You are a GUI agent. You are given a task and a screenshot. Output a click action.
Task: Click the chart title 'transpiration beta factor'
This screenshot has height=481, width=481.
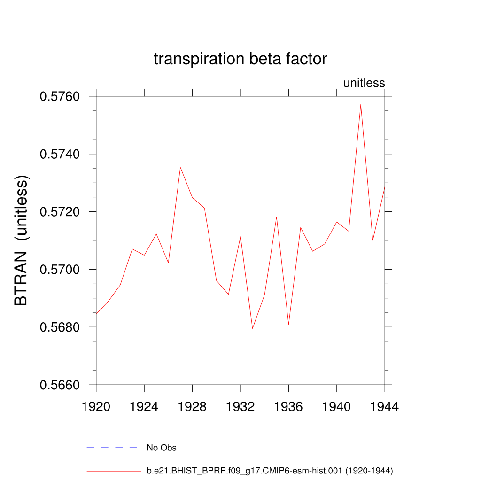tap(240, 59)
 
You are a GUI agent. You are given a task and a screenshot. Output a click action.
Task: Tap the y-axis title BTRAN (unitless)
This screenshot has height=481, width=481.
tap(22, 241)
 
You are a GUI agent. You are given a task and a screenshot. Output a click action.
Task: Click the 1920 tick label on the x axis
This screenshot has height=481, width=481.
tap(96, 407)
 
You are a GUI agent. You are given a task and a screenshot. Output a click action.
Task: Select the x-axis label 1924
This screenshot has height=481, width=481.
tap(144, 407)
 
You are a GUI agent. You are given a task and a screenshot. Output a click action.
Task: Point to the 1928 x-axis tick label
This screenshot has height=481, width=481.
tap(192, 407)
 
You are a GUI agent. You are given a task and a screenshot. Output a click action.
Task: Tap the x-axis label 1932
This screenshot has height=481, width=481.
tap(240, 407)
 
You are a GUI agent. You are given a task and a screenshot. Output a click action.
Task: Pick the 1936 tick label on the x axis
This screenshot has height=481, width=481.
tap(288, 407)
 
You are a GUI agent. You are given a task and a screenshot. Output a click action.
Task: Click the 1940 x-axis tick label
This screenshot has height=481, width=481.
tap(337, 407)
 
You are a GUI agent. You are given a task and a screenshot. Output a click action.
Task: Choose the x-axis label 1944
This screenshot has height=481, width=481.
tap(385, 407)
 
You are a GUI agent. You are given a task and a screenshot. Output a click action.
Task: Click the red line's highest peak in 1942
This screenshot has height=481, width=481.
tap(361, 104)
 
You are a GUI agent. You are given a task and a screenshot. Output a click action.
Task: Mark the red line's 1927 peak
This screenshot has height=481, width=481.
tap(180, 167)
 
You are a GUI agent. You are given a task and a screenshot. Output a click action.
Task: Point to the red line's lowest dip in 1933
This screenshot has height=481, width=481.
tap(252, 328)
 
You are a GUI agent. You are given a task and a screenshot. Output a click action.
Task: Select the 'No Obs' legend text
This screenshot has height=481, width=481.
tap(161, 448)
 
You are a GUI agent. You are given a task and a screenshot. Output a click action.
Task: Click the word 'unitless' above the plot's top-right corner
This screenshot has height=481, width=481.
tap(364, 83)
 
